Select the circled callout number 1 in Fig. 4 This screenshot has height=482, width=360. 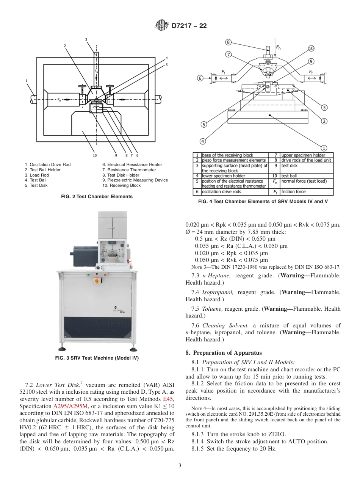click(324, 147)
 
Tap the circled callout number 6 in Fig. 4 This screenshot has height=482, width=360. click(200, 78)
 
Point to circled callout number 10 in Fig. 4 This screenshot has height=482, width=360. click(311, 49)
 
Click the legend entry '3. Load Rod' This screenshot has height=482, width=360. click(37, 175)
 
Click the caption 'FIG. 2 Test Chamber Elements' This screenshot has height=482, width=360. click(97, 197)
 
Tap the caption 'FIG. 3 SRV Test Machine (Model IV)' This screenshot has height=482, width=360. click(97, 358)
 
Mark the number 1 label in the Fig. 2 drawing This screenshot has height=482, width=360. click(27, 80)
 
